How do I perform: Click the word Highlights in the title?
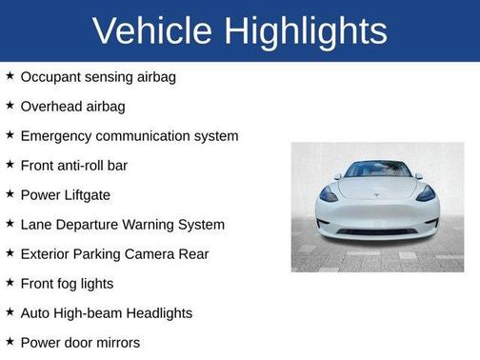(x=308, y=31)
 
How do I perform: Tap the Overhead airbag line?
(x=72, y=106)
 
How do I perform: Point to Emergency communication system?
(x=129, y=135)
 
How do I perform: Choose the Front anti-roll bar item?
(x=73, y=165)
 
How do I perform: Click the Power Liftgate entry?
(x=65, y=194)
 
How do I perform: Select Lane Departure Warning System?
(x=122, y=224)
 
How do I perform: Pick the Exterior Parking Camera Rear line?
(x=113, y=253)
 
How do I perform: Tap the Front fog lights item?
(x=67, y=283)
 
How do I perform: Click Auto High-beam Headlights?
(x=106, y=312)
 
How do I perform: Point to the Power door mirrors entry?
(x=80, y=342)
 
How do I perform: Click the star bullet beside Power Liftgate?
(x=10, y=193)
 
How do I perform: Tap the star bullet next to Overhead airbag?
(x=10, y=105)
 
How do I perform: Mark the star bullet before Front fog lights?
(x=10, y=282)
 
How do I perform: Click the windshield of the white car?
(x=378, y=170)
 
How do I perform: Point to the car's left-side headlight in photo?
(x=329, y=193)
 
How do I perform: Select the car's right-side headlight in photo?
(x=426, y=193)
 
